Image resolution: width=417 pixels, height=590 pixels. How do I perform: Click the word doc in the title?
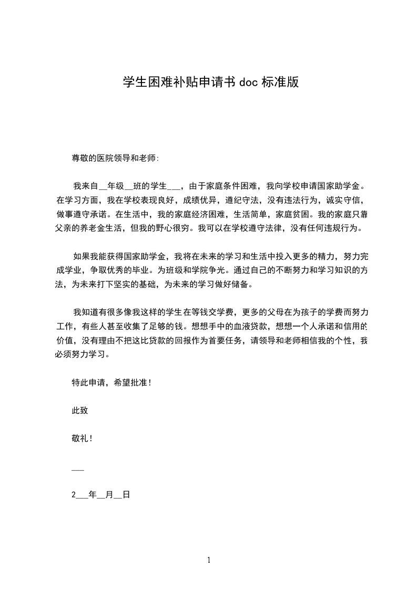249,82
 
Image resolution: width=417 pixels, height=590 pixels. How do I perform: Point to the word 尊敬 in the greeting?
79,157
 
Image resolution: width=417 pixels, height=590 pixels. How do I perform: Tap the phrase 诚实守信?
344,200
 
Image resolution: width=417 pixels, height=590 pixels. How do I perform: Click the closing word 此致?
79,411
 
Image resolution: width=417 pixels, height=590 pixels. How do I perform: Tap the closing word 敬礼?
79,439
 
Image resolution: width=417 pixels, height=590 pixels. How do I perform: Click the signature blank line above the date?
77,467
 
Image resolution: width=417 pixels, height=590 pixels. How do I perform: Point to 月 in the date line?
109,495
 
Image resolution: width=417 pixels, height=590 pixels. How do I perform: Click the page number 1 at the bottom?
209,561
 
